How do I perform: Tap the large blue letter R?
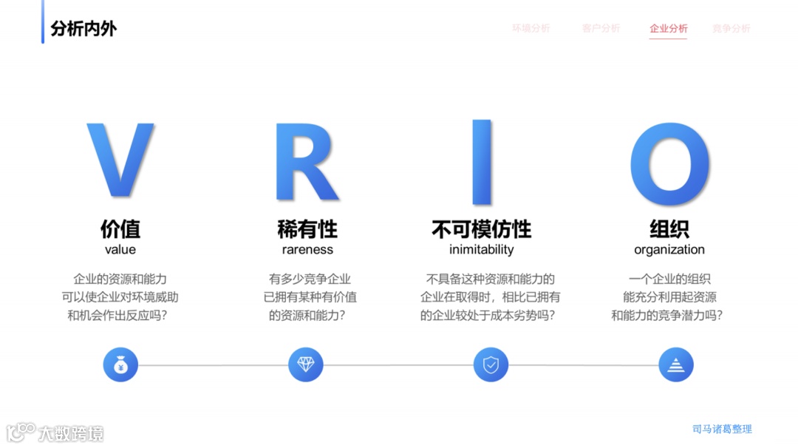pyautogui.click(x=304, y=161)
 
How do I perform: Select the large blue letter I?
pyautogui.click(x=482, y=161)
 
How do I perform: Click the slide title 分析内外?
pyautogui.click(x=83, y=29)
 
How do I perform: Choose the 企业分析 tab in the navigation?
pyautogui.click(x=668, y=29)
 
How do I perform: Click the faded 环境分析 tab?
pyautogui.click(x=531, y=29)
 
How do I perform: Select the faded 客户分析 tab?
pyautogui.click(x=601, y=29)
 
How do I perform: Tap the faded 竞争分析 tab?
pyautogui.click(x=731, y=29)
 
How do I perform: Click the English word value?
pyautogui.click(x=120, y=250)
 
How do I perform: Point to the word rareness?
pyautogui.click(x=307, y=250)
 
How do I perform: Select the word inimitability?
pyautogui.click(x=481, y=250)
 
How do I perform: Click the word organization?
pyautogui.click(x=669, y=250)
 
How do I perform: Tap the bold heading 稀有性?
pyautogui.click(x=307, y=228)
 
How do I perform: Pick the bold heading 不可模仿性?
pyautogui.click(x=481, y=228)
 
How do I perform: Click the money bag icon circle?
pyautogui.click(x=120, y=364)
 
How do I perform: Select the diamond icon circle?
pyautogui.click(x=306, y=364)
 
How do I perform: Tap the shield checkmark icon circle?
pyautogui.click(x=491, y=364)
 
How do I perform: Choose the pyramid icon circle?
pyautogui.click(x=676, y=364)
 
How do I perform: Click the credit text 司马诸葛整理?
pyautogui.click(x=722, y=429)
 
